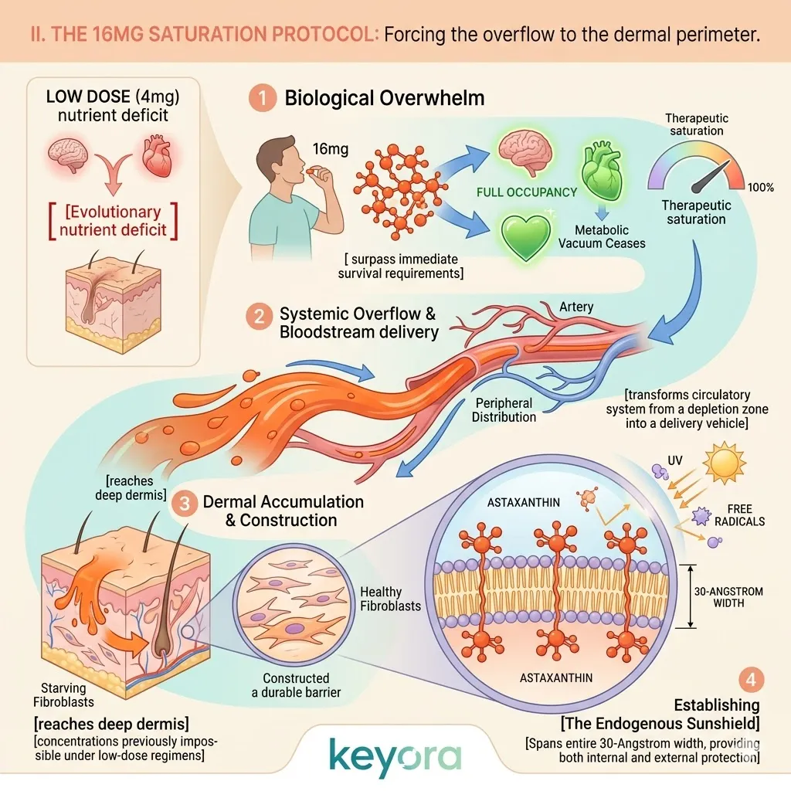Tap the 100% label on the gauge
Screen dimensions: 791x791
(x=762, y=187)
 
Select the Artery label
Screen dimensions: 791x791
(x=576, y=307)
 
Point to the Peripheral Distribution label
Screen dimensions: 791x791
(x=505, y=410)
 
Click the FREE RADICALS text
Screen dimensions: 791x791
(x=745, y=515)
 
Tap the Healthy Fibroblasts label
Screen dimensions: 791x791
(x=391, y=599)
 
